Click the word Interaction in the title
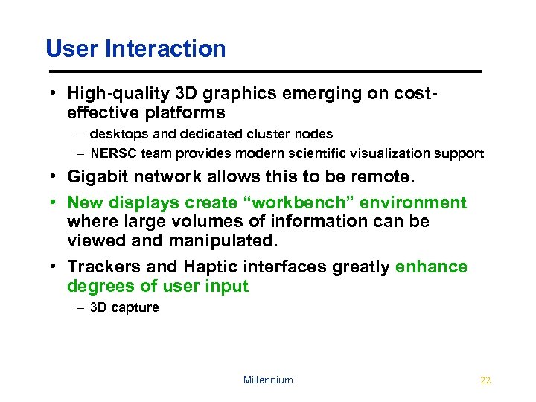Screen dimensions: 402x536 (166, 49)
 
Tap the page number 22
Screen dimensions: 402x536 (485, 380)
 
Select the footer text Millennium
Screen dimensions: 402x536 (268, 380)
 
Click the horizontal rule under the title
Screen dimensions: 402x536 (264, 71)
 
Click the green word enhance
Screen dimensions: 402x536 (431, 267)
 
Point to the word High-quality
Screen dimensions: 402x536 (117, 94)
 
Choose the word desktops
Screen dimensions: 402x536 (116, 134)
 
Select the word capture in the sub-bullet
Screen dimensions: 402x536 (135, 307)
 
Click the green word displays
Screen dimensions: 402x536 (141, 202)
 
